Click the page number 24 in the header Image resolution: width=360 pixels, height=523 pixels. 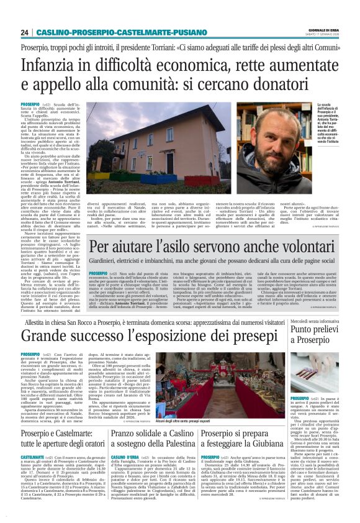click(24, 32)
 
